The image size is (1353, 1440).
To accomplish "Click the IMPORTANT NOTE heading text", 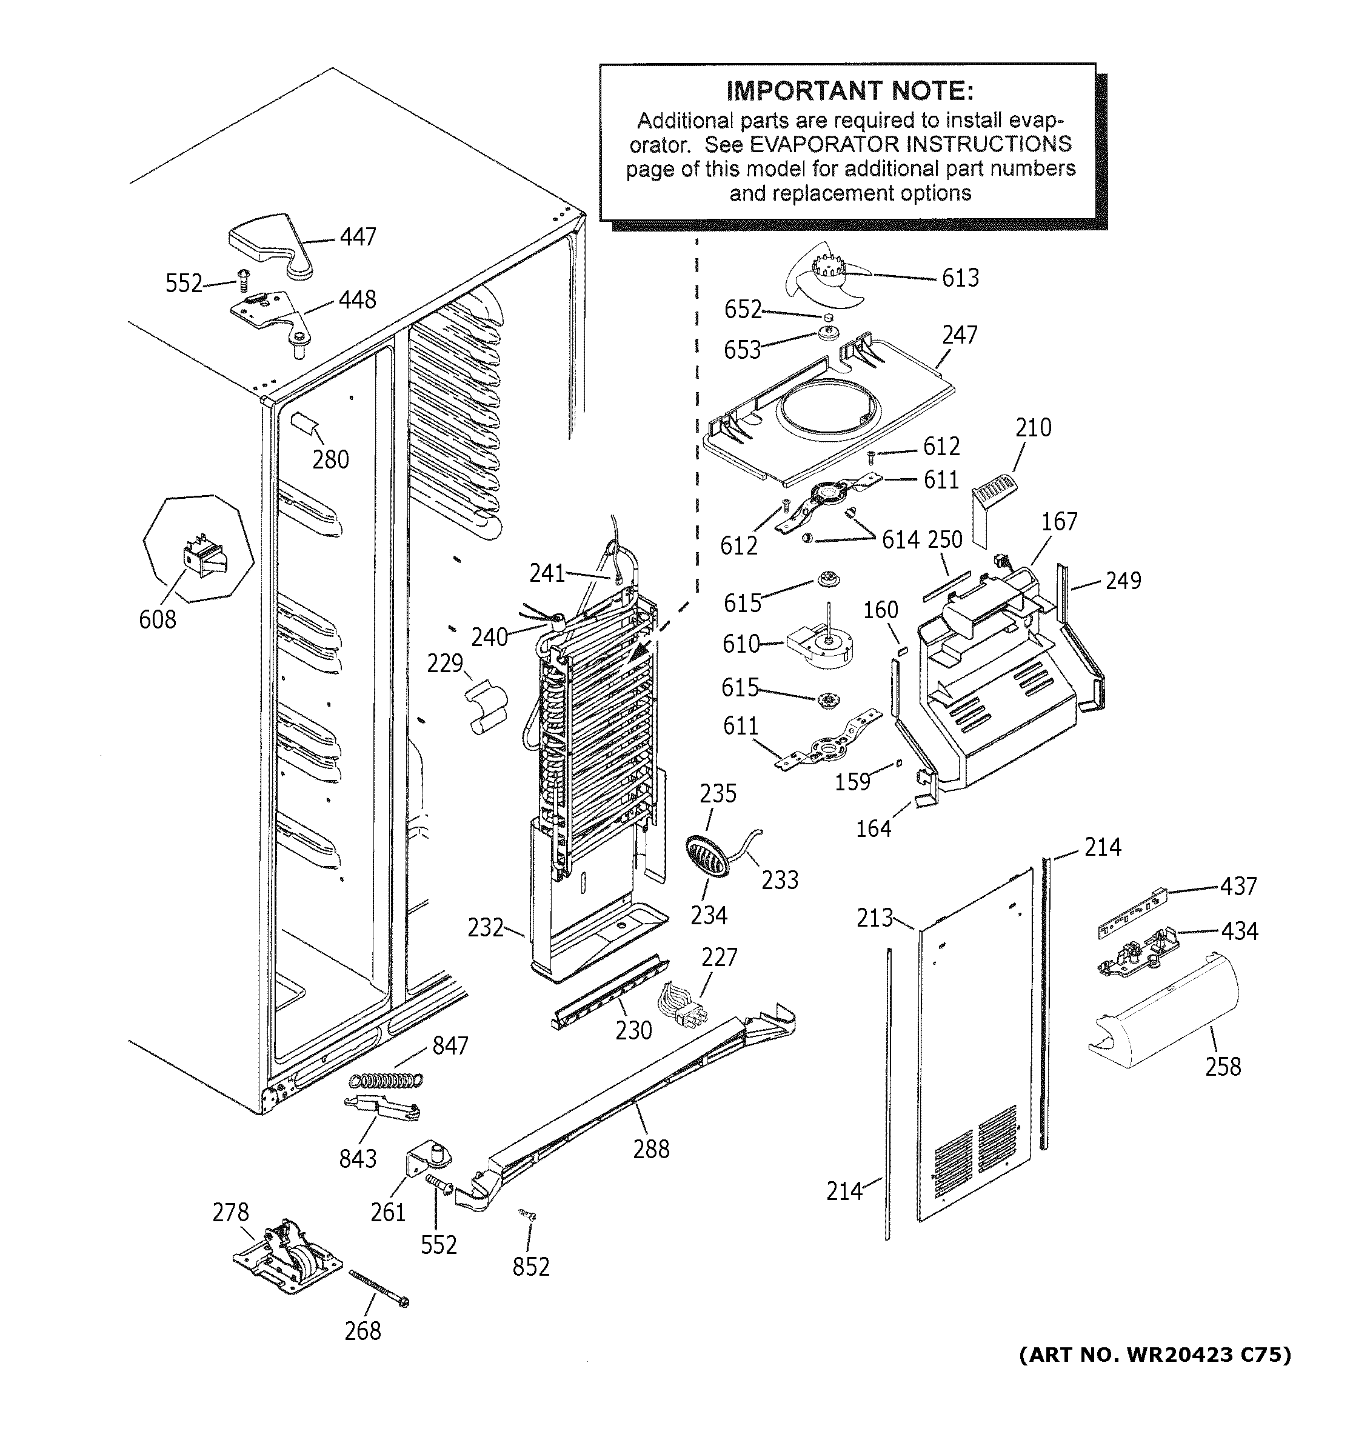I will pyautogui.click(x=850, y=92).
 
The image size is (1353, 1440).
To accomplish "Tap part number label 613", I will pyautogui.click(x=960, y=278).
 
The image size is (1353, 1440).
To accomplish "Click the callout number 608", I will pyautogui.click(x=157, y=619).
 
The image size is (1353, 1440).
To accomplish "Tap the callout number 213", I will pyautogui.click(x=874, y=918).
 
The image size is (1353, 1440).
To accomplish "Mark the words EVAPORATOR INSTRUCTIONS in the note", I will pyautogui.click(x=910, y=144).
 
